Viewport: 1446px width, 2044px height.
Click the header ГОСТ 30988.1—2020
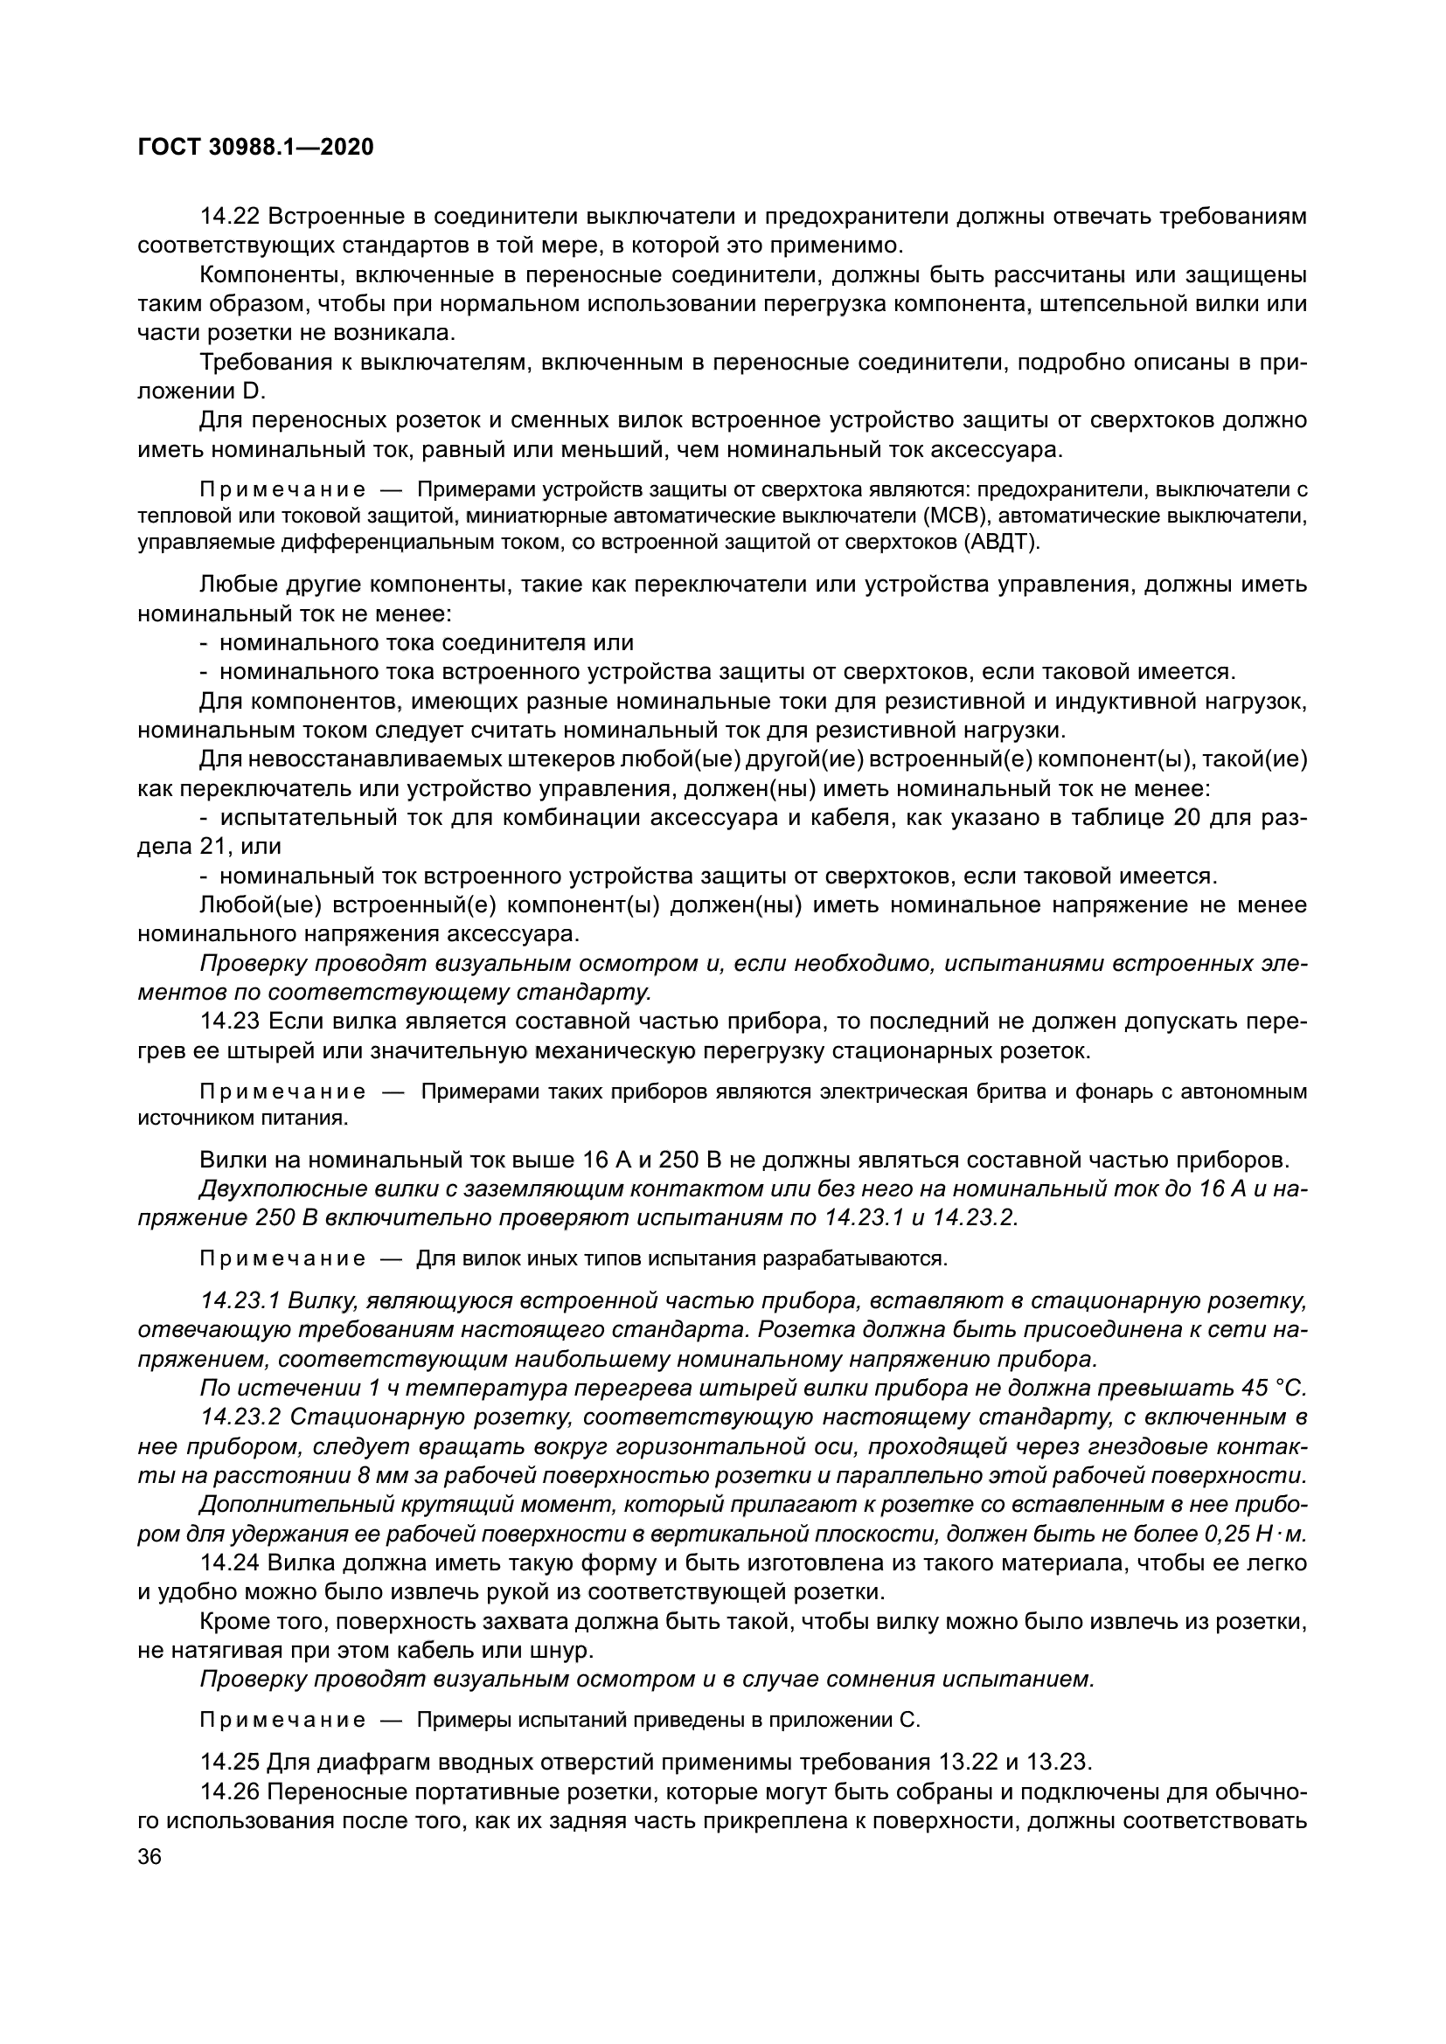point(255,147)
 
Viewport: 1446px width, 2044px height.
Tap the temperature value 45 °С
point(1272,1388)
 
